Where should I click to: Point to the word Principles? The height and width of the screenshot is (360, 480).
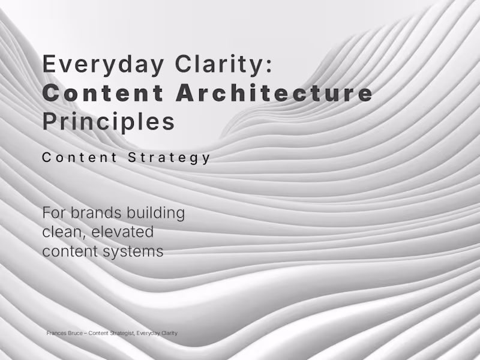click(109, 122)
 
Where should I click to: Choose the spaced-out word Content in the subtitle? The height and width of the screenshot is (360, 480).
click(79, 158)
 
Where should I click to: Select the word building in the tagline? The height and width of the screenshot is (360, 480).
click(160, 213)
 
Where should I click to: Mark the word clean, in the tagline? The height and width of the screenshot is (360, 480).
click(64, 232)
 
